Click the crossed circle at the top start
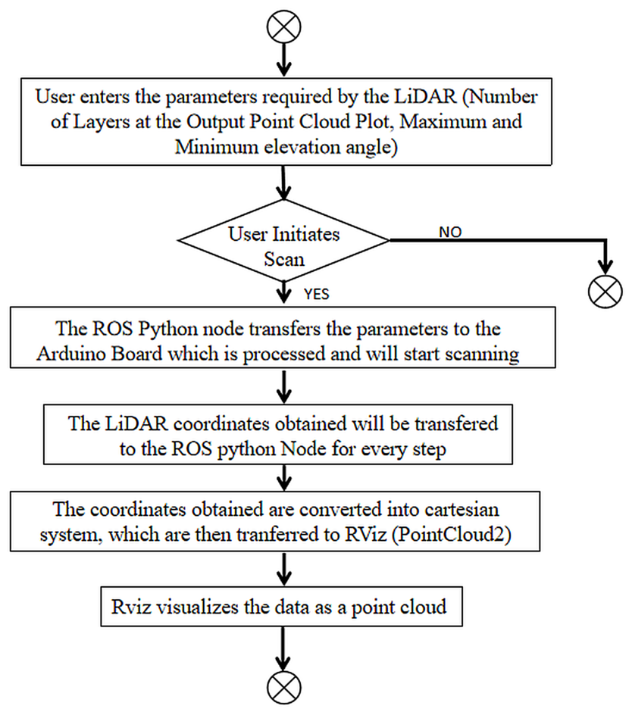click(283, 27)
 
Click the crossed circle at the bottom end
click(283, 688)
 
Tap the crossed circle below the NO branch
click(605, 291)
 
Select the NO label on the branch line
click(450, 232)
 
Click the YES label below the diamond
click(317, 294)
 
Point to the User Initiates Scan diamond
click(283, 240)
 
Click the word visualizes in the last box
click(197, 607)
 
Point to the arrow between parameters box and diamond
click(284, 183)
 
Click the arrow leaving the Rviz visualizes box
click(283, 648)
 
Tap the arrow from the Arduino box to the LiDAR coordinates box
click(284, 386)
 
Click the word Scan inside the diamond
click(284, 259)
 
